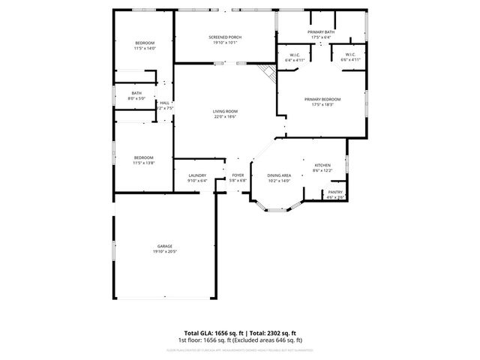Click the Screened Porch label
pos(225,37)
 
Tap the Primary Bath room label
pos(320,32)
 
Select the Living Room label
pos(225,111)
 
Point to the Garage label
pos(164,246)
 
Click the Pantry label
pos(334,193)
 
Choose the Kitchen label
pos(322,165)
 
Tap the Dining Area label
pos(279,175)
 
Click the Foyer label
pos(238,175)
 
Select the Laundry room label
pos(197,175)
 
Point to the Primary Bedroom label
pos(322,100)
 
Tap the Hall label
pos(164,103)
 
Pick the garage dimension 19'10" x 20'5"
pos(164,251)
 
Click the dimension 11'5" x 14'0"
pos(144,49)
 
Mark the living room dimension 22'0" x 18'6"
pos(225,116)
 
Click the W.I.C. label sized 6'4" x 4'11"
pos(295,59)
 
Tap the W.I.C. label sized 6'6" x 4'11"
pos(351,59)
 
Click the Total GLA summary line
pos(240,332)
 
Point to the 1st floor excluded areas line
pos(240,340)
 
